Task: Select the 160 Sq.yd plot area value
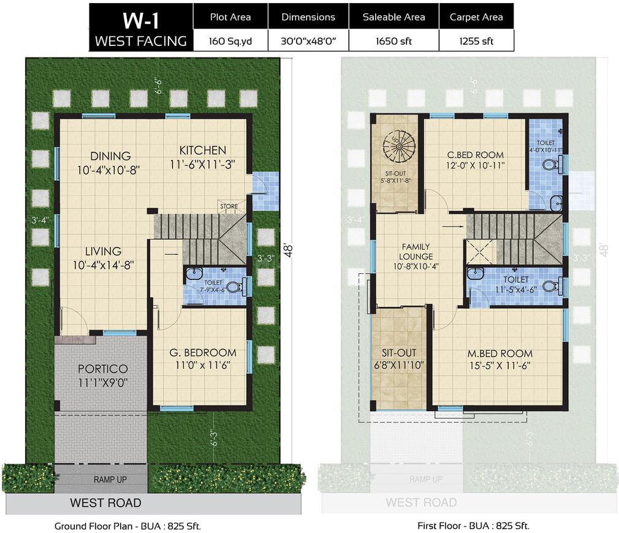[230, 41]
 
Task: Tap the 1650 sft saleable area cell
[393, 41]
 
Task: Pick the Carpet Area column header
[476, 17]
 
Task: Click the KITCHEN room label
[202, 150]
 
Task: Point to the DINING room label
[110, 156]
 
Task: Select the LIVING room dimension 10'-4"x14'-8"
[103, 265]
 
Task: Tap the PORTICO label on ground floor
[103, 369]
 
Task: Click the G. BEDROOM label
[202, 353]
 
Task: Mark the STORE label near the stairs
[229, 207]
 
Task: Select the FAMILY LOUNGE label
[416, 251]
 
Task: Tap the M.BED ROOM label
[499, 353]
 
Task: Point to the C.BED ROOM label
[475, 155]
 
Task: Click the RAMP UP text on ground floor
[110, 480]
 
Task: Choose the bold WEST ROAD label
[105, 503]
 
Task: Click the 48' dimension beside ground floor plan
[288, 250]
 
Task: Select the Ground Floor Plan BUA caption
[127, 526]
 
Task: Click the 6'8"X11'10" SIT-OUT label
[399, 365]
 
